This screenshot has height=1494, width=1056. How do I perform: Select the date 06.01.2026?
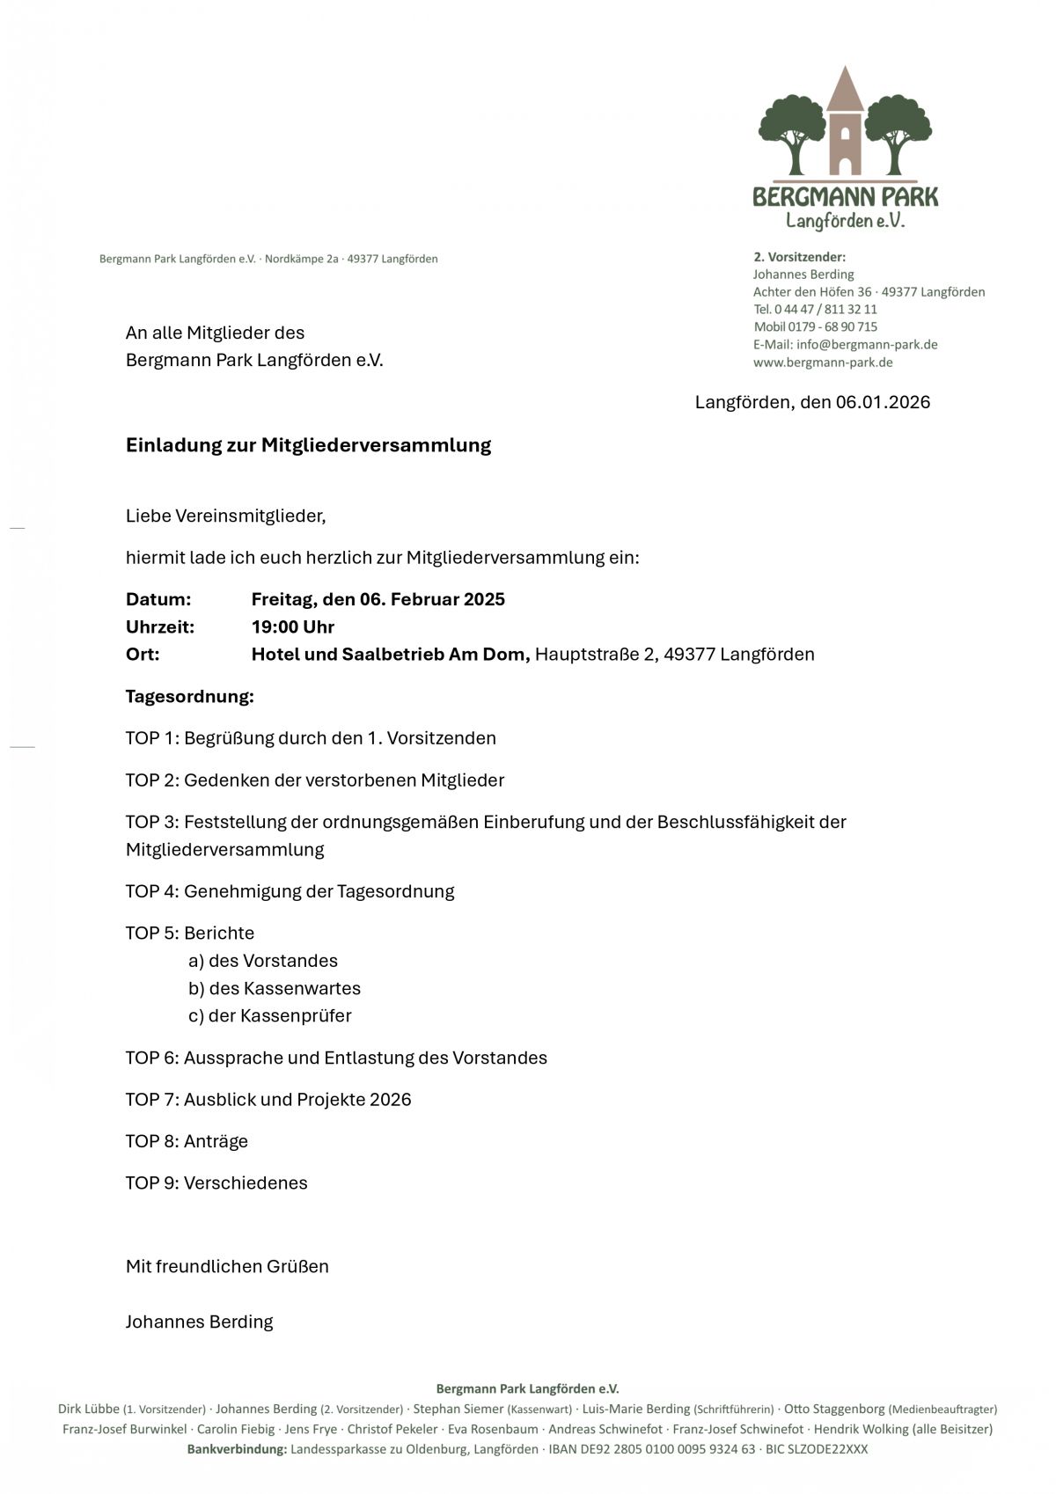tap(883, 402)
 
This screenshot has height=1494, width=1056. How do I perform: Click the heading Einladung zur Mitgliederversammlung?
tap(308, 445)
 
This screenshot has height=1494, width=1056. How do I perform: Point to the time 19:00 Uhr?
tap(293, 627)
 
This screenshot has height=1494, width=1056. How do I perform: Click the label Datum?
tap(158, 600)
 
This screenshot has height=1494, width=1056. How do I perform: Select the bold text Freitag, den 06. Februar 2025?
tap(378, 600)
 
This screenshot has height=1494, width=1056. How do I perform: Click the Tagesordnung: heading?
tap(189, 697)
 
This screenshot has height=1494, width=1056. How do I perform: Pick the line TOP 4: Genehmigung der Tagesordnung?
tap(290, 891)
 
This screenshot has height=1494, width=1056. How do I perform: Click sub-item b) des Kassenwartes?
tap(275, 988)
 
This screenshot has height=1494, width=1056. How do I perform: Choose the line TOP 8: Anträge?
tap(187, 1141)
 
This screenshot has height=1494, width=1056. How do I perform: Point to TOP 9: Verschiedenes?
tap(216, 1183)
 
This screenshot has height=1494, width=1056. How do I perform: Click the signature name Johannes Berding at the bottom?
tap(199, 1322)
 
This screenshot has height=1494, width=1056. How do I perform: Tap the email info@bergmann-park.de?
tap(866, 345)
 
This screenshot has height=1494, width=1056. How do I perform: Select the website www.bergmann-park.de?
tap(823, 363)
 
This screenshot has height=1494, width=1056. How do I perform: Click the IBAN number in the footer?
tap(651, 1449)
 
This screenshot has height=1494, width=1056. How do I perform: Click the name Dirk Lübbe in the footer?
tap(89, 1409)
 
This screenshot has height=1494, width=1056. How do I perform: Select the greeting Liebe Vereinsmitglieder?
tap(225, 516)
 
